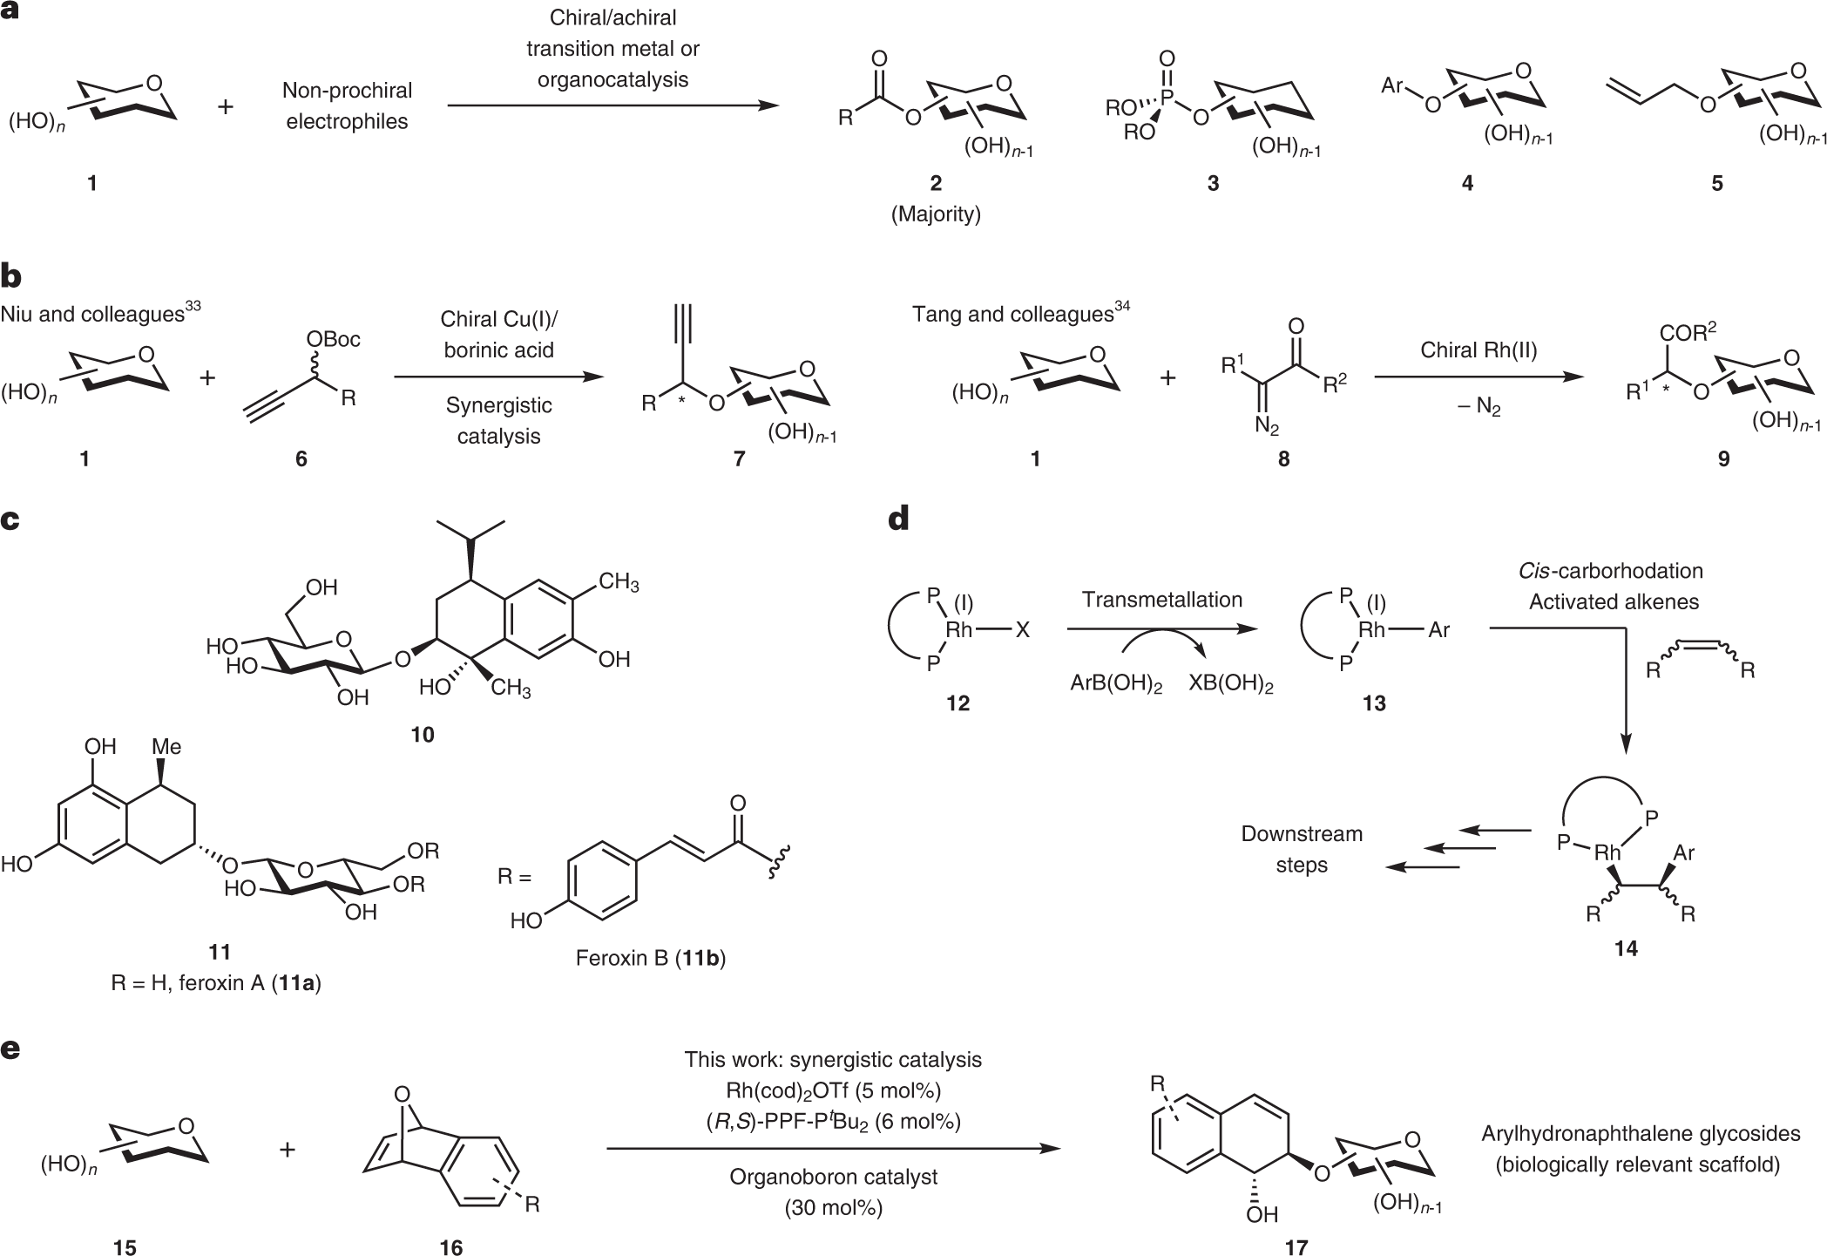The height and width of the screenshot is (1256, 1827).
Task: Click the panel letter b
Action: point(12,276)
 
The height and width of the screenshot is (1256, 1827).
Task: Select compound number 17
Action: point(1296,1248)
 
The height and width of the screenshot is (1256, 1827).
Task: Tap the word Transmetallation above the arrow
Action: point(1162,600)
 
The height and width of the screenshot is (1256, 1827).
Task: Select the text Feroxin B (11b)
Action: point(651,959)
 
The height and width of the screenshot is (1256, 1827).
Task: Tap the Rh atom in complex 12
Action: point(959,629)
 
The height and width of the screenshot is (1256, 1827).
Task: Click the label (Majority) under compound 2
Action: point(936,214)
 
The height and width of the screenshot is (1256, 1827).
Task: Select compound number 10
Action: point(422,735)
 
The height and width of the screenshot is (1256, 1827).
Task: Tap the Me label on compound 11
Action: point(166,747)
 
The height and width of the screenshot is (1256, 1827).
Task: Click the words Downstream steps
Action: point(1302,849)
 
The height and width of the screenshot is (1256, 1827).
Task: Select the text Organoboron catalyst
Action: point(833,1177)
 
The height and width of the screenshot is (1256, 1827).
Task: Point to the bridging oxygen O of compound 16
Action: point(402,1094)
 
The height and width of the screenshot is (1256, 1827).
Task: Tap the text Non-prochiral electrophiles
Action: point(347,105)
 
